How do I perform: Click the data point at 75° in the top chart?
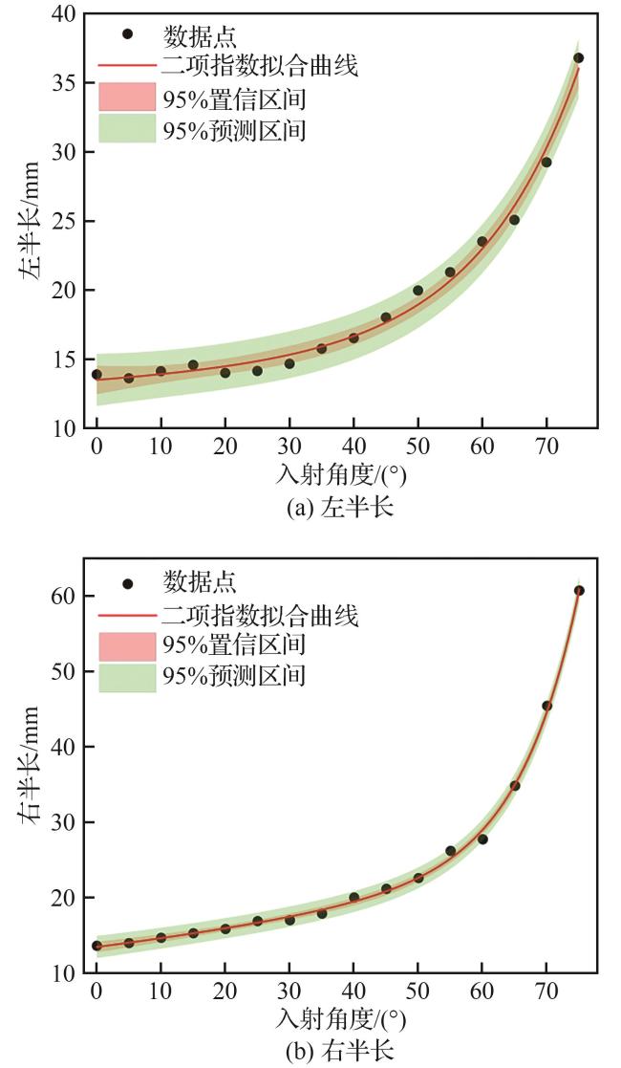pos(578,58)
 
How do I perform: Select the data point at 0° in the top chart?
pos(96,374)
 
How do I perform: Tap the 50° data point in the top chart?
pos(418,291)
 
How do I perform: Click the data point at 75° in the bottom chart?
pos(578,591)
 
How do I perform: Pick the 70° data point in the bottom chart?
pos(546,706)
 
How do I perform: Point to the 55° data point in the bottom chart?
pos(450,850)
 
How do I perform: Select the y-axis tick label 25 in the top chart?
pos(64,222)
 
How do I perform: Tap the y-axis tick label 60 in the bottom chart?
pos(64,596)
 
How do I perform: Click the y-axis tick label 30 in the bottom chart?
pos(64,822)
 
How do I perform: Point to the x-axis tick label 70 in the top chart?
pos(546,449)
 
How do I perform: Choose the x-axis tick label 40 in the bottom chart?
pos(353,994)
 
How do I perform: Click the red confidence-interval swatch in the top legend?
pos(126,96)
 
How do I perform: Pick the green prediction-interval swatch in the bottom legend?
pos(126,677)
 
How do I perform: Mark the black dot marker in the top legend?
pos(127,34)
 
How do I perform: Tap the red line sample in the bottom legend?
pos(126,615)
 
